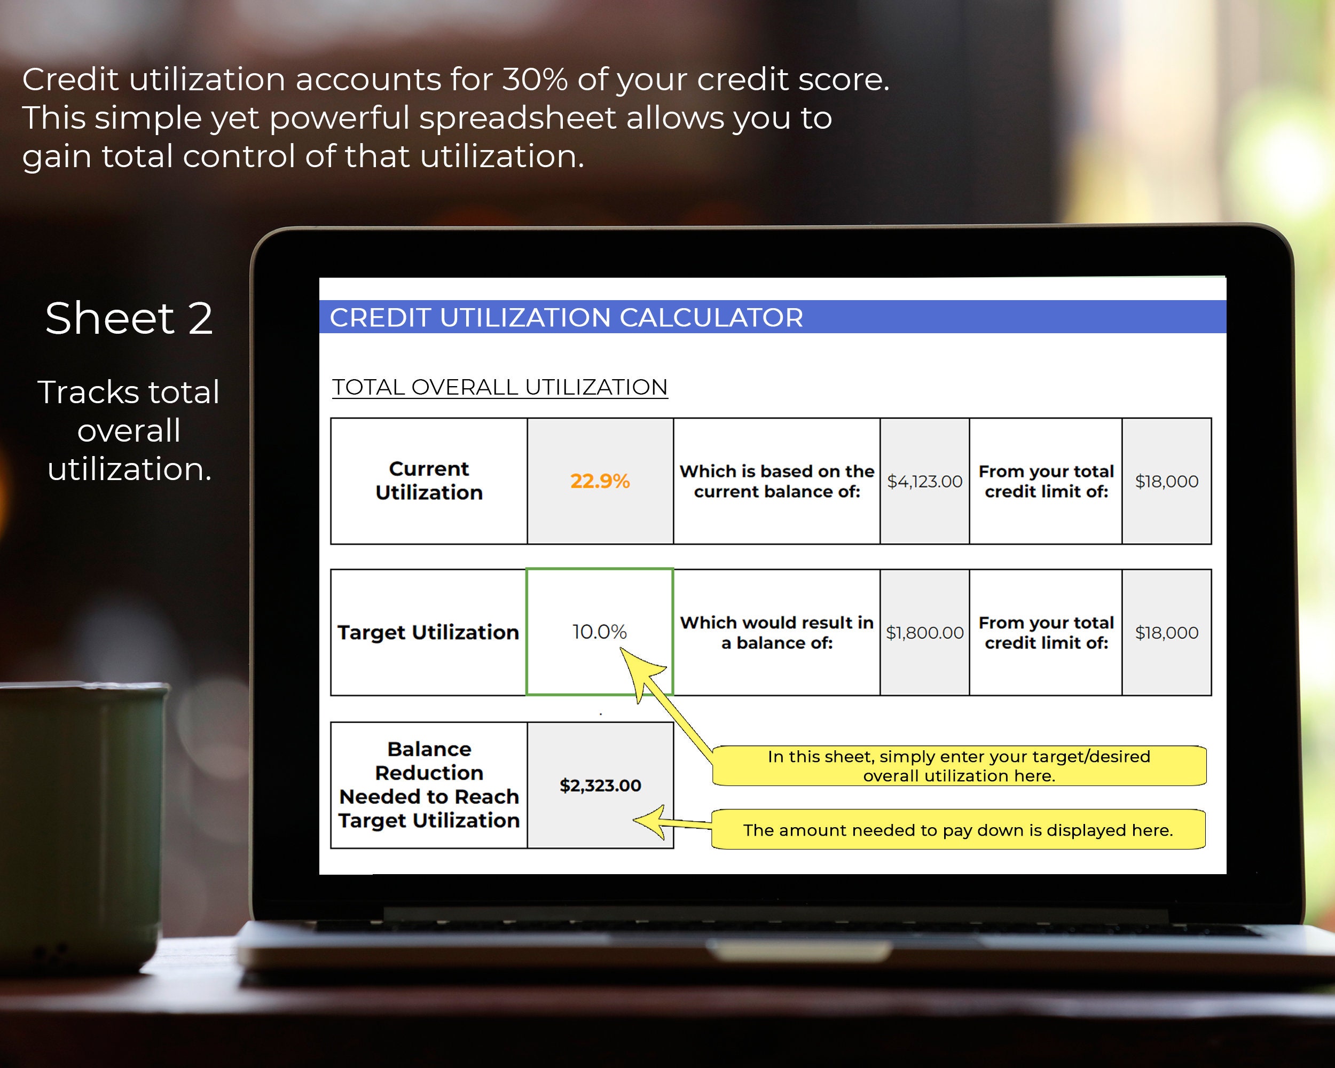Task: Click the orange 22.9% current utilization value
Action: coord(599,481)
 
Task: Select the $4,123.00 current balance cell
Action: coord(924,481)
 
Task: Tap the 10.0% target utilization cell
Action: coord(599,632)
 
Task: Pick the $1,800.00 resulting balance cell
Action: coord(924,632)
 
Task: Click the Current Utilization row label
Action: coord(428,481)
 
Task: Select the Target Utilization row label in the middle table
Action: coord(428,632)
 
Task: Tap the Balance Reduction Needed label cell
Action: coord(428,784)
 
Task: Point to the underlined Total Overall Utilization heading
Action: coord(500,387)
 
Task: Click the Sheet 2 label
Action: coord(129,318)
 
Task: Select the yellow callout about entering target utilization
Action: coord(959,766)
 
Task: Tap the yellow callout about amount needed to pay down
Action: coord(958,830)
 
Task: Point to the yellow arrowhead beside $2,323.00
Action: coord(650,822)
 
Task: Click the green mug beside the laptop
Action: coord(81,823)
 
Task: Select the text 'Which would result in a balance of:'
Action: coord(776,632)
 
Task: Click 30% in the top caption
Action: coord(535,79)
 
